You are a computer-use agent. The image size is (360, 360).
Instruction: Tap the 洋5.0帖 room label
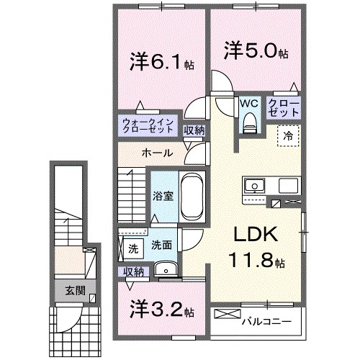(256, 52)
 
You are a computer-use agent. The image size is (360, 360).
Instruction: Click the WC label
(249, 103)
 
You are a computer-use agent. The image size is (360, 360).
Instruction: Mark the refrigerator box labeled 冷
(287, 134)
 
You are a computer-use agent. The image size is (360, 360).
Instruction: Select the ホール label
(156, 153)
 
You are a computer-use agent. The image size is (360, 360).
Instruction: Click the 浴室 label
(159, 195)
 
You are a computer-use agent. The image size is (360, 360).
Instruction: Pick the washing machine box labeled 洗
(133, 249)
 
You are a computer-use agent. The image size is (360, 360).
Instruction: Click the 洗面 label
(161, 246)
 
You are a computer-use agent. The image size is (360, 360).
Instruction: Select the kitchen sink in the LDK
(254, 187)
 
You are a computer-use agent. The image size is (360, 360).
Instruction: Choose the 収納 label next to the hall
(193, 130)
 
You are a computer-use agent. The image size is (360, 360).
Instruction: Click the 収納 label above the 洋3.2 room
(133, 271)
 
